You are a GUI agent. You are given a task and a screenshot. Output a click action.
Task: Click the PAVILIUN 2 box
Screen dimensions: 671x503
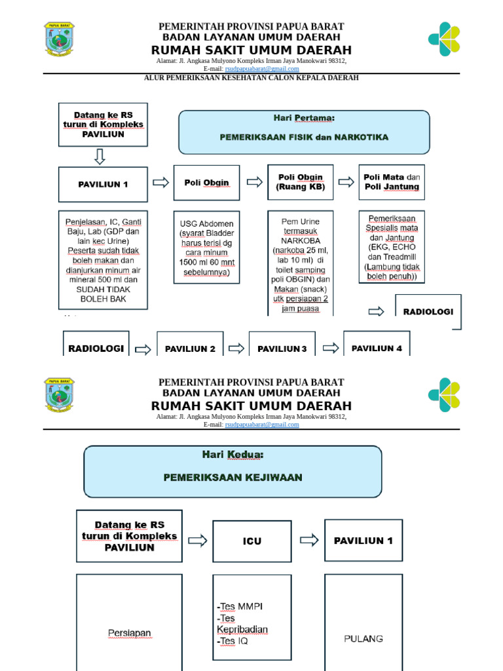click(190, 348)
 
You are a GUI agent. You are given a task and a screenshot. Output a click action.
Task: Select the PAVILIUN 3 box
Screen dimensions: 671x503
click(282, 348)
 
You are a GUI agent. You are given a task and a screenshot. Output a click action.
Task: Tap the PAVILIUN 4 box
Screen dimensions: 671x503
click(377, 347)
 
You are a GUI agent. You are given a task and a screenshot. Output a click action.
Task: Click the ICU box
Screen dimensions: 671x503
click(252, 541)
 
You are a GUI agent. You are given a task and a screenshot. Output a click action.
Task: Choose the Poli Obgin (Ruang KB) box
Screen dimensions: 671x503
click(301, 182)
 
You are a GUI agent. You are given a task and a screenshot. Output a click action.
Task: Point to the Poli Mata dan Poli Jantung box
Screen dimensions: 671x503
click(392, 182)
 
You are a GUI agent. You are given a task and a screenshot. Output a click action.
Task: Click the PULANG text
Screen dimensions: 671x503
click(363, 638)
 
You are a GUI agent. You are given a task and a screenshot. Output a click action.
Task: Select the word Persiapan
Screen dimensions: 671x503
click(130, 633)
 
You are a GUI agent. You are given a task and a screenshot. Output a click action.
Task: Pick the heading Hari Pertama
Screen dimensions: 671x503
click(303, 118)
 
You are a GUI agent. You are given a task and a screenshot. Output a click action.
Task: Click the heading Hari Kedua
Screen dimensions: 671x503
click(233, 454)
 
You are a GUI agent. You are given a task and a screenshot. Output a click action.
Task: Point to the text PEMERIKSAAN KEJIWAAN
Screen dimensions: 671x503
click(233, 478)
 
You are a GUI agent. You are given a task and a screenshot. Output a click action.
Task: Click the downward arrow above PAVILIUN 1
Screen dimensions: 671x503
click(100, 157)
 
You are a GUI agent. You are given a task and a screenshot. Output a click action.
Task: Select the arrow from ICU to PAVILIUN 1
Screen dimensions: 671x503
click(309, 540)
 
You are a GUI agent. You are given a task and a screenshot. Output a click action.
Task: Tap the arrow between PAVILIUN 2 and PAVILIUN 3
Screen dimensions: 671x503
click(236, 349)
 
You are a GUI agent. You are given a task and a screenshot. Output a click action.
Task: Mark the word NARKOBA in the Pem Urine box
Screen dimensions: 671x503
click(300, 240)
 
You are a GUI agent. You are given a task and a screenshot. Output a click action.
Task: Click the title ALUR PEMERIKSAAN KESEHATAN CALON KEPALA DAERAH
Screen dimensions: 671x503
click(251, 77)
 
